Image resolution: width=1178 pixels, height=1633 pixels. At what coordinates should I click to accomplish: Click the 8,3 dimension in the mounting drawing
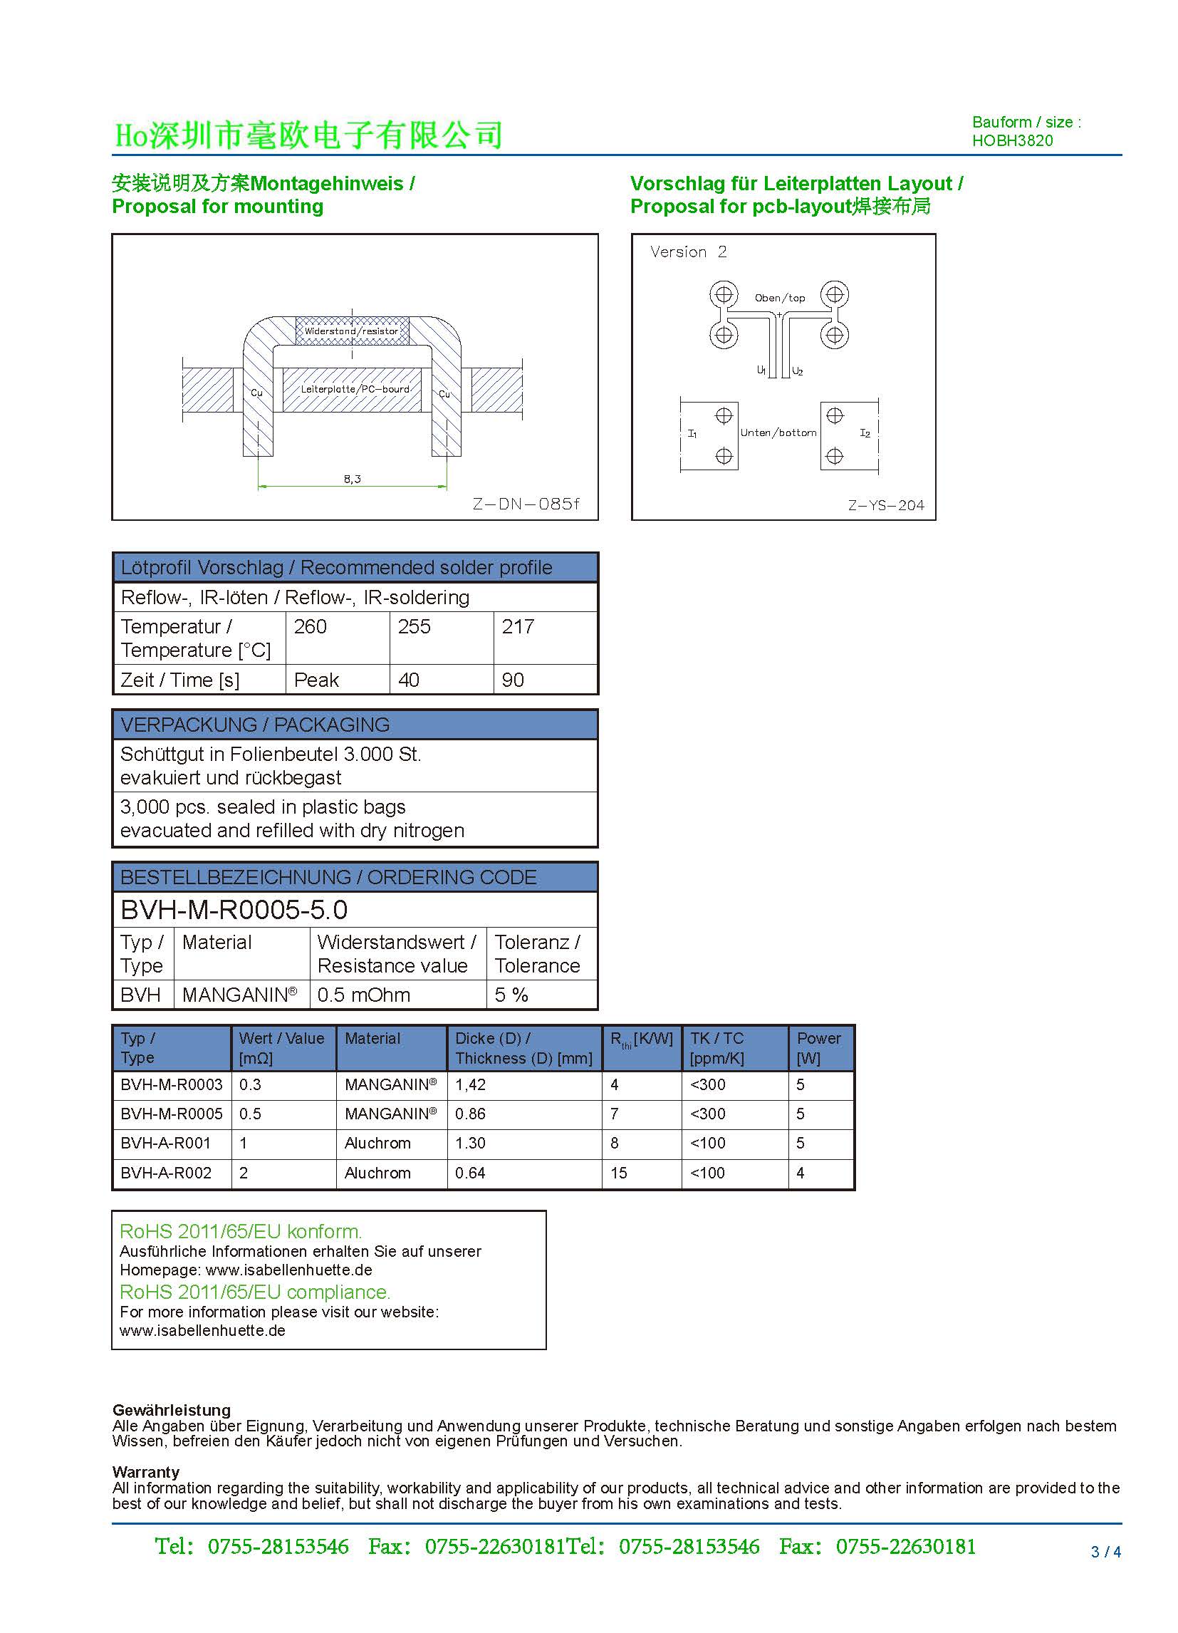point(352,479)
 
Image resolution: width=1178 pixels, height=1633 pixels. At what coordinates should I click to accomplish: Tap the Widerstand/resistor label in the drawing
point(351,331)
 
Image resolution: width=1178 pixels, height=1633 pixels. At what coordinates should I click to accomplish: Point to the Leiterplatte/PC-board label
point(355,390)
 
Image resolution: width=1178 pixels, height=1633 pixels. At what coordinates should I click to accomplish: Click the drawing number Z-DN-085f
point(526,504)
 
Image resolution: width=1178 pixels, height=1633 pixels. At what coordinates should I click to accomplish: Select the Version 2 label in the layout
point(688,252)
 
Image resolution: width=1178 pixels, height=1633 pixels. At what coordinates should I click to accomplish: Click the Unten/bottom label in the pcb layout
point(778,432)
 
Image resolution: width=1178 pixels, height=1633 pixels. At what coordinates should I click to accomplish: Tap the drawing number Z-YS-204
point(886,505)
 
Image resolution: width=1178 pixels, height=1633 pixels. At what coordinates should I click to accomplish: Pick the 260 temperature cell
point(310,626)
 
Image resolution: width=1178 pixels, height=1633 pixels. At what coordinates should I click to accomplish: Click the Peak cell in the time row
point(316,680)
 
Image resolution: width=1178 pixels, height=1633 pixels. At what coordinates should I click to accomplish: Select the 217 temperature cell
point(518,626)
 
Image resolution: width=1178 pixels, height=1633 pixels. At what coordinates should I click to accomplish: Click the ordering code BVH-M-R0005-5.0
point(234,910)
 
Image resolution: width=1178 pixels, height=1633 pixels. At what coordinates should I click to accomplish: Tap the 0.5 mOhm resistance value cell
point(363,995)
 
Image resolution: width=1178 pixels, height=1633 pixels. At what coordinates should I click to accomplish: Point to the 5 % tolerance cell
point(511,995)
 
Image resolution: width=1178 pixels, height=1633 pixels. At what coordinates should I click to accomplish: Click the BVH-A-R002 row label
point(166,1173)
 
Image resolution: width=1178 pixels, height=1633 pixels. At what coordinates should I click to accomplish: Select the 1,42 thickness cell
point(471,1084)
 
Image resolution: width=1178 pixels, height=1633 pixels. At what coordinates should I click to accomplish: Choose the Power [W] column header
point(818,1047)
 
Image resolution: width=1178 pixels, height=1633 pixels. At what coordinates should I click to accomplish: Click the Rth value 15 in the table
point(619,1173)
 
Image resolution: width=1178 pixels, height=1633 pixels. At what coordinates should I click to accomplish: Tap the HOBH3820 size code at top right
point(1012,140)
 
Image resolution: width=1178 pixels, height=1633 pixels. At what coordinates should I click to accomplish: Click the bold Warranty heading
point(145,1472)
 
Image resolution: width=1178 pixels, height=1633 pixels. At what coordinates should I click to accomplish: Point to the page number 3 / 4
point(1106,1552)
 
